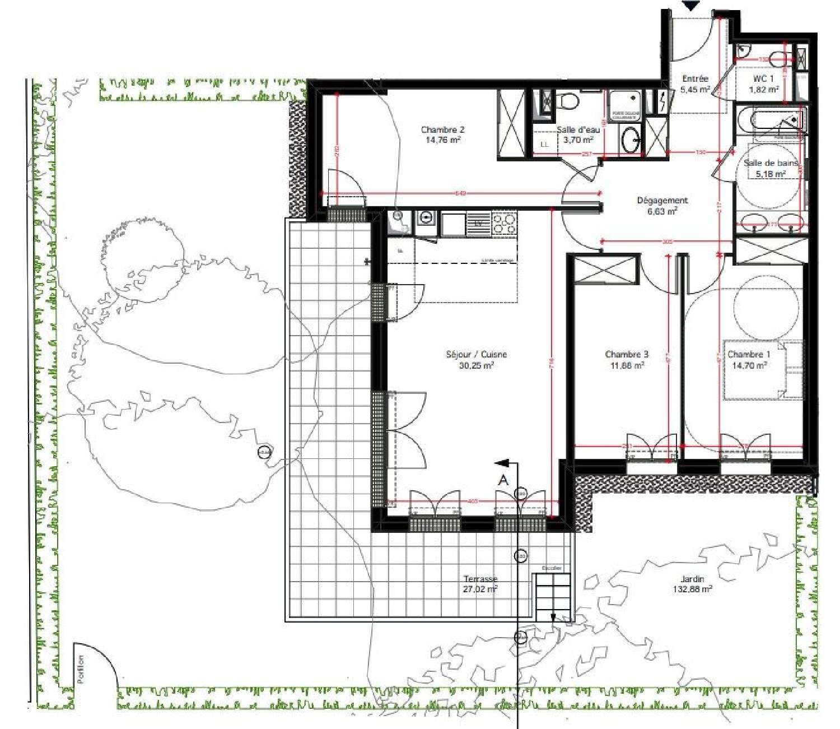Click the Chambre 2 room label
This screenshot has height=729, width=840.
(442, 134)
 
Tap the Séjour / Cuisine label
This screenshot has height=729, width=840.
(476, 360)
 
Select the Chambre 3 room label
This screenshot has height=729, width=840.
(627, 360)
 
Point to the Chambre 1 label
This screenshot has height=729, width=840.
(749, 360)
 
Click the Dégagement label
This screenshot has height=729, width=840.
(662, 206)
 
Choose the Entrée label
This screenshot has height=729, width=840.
(695, 84)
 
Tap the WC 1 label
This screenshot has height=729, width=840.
(764, 84)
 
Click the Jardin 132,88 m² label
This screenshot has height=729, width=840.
(692, 584)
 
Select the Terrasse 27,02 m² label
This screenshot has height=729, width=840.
(480, 584)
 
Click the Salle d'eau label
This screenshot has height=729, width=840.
(578, 134)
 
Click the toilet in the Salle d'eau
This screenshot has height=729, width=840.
(567, 101)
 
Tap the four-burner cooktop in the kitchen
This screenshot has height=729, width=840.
(504, 223)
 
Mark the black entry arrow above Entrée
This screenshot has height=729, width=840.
(692, 5)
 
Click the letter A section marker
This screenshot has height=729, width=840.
(503, 480)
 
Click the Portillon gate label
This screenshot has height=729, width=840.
(81, 669)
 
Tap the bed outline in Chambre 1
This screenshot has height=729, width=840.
(762, 370)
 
